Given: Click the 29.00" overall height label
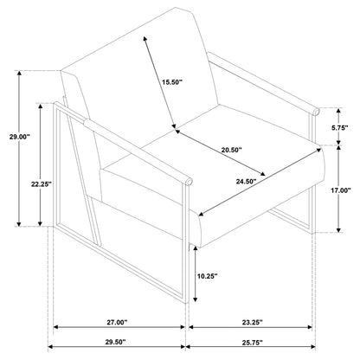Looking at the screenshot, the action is coord(20,137).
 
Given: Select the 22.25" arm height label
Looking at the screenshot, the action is coord(42,184).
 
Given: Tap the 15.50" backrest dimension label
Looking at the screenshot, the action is coord(172,82).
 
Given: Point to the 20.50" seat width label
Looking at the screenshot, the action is coord(231,150).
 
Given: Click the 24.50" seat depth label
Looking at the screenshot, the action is coord(247,182).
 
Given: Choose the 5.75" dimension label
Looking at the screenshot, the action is coord(340,128).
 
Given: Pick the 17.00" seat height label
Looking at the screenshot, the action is coord(341,190).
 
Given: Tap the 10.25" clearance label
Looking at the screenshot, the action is coord(207,276).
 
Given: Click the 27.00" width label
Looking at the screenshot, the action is coord(117,323).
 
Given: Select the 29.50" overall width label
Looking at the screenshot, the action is coord(115,342).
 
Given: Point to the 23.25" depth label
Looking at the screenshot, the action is coord(253,323).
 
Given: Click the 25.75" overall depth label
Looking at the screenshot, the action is coord(253,343).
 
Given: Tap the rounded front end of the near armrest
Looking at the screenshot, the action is coord(189,181).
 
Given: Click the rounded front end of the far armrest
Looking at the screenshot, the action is coord(316,112).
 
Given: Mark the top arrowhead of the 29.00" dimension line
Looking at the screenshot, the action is coord(19,74).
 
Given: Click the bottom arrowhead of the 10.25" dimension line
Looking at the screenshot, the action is coord(196,299).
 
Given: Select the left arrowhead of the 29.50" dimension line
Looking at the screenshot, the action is coord(50,346).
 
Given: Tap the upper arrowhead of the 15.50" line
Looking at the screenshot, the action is coord(145,40).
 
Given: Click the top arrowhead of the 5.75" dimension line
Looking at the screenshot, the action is coord(338,111).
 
